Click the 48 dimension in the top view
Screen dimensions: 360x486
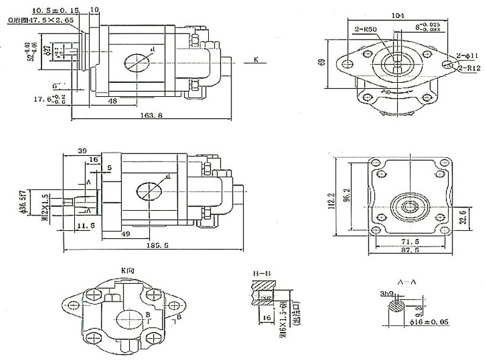[113, 101]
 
